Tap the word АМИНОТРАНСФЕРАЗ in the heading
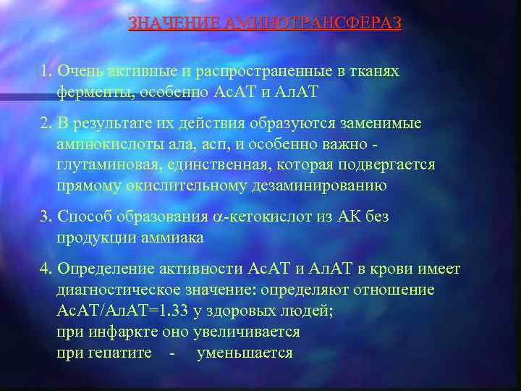[x=313, y=23]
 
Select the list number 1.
[x=46, y=72]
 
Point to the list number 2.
[x=46, y=124]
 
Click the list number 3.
[x=46, y=216]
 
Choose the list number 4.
[x=46, y=269]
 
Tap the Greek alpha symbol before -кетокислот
[x=219, y=217]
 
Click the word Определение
[x=109, y=269]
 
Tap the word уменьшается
[x=245, y=353]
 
